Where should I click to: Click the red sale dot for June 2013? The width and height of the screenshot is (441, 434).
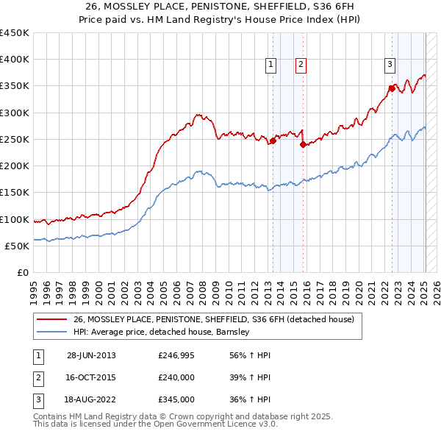click(x=273, y=141)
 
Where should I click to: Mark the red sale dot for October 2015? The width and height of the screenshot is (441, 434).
click(x=303, y=145)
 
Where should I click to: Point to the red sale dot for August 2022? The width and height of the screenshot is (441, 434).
click(x=392, y=89)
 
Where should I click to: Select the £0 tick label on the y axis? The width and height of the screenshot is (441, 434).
click(x=22, y=272)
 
